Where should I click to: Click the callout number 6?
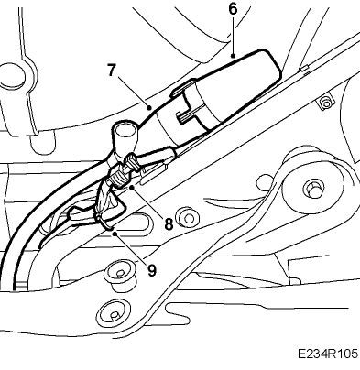[x=233, y=9]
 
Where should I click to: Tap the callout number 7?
[x=112, y=71]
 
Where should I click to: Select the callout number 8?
[x=169, y=223]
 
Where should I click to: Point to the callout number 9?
[x=152, y=270]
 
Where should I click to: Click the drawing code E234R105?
[x=328, y=354]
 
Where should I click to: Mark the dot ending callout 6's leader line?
[x=234, y=56]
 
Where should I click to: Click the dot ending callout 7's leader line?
[x=149, y=107]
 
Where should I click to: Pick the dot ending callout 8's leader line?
[x=132, y=188]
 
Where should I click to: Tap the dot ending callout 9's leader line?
[x=115, y=234]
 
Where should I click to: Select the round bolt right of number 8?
[x=188, y=218]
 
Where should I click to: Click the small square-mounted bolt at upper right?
[x=326, y=104]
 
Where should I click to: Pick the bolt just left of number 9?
[x=120, y=273]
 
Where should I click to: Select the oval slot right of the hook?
[x=138, y=223]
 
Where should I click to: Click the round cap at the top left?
[x=12, y=75]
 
